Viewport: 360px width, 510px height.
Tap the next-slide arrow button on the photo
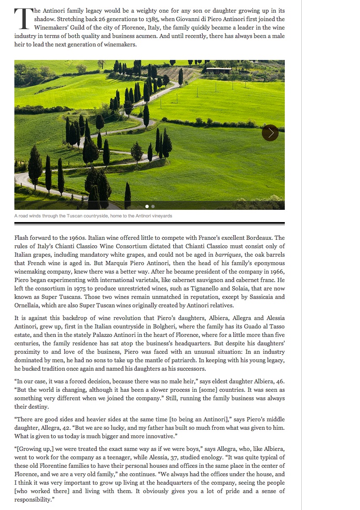pos(270,133)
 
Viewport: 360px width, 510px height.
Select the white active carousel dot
pos(147,206)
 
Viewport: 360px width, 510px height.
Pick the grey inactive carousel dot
pos(153,206)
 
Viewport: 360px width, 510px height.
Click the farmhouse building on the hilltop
pos(218,71)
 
